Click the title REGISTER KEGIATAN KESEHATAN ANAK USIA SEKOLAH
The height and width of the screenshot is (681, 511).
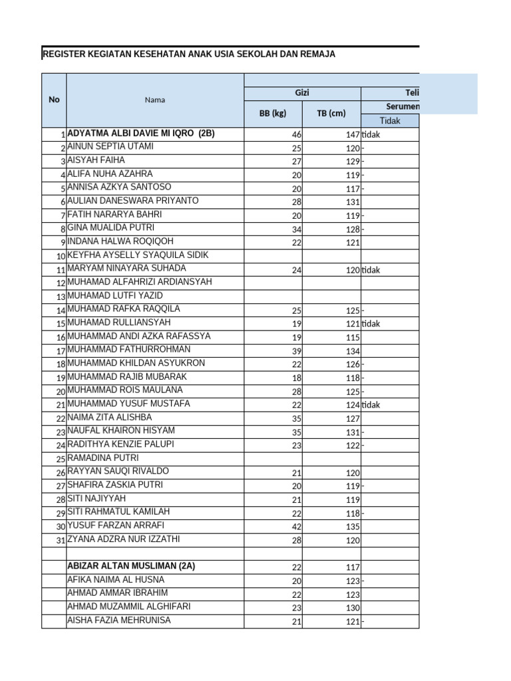coord(188,55)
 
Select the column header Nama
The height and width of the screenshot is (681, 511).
coord(155,100)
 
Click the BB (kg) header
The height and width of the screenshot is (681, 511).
coord(273,113)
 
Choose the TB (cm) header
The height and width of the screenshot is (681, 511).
coord(331,113)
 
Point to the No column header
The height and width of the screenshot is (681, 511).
coord(54,100)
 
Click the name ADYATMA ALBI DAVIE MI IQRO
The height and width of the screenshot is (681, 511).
coord(141,133)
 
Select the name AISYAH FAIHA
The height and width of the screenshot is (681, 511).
coord(96,160)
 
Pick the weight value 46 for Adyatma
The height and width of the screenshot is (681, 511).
coord(297,134)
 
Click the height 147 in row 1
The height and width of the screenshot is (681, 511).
coord(353,134)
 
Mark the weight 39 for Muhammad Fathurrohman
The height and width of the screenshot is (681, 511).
coord(297,351)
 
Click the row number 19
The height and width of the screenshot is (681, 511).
coord(61,378)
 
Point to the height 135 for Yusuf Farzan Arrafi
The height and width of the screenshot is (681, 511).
coord(353,527)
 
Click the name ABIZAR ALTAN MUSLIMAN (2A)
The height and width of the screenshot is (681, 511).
coord(132,566)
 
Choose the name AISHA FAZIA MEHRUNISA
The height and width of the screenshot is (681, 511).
coord(119,620)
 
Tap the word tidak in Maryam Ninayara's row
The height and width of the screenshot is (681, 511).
coord(371,270)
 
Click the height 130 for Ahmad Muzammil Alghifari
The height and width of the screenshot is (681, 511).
coord(353,608)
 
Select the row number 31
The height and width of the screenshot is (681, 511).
coord(61,540)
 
